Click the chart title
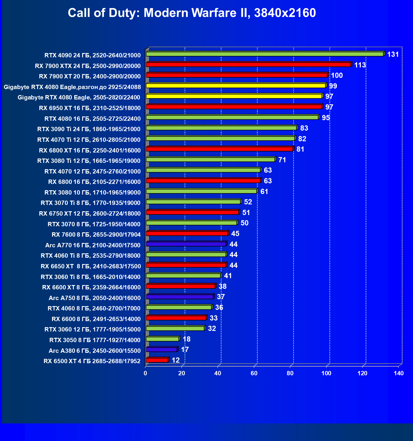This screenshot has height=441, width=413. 192,13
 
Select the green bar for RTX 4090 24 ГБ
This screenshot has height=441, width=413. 265,54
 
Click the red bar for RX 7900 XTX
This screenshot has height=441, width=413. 248,64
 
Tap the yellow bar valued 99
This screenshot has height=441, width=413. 236,86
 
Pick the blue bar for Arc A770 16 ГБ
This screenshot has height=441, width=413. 186,244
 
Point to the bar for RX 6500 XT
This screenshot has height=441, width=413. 157,360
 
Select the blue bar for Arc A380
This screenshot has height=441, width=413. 162,349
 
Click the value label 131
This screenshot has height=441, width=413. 393,54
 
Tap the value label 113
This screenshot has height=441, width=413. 360,65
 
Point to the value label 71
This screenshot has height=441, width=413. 282,160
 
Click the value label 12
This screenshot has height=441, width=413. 176,360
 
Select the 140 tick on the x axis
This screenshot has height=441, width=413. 399,373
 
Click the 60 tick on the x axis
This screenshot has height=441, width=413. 254,373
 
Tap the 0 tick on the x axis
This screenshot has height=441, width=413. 145,373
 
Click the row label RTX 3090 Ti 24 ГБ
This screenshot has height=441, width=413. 89,129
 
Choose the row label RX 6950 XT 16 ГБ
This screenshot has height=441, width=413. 90,108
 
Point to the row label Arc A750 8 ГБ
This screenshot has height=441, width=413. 95,298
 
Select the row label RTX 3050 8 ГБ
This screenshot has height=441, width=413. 95,340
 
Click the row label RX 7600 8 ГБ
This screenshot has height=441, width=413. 96,234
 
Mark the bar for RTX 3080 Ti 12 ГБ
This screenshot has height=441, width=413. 211,159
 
